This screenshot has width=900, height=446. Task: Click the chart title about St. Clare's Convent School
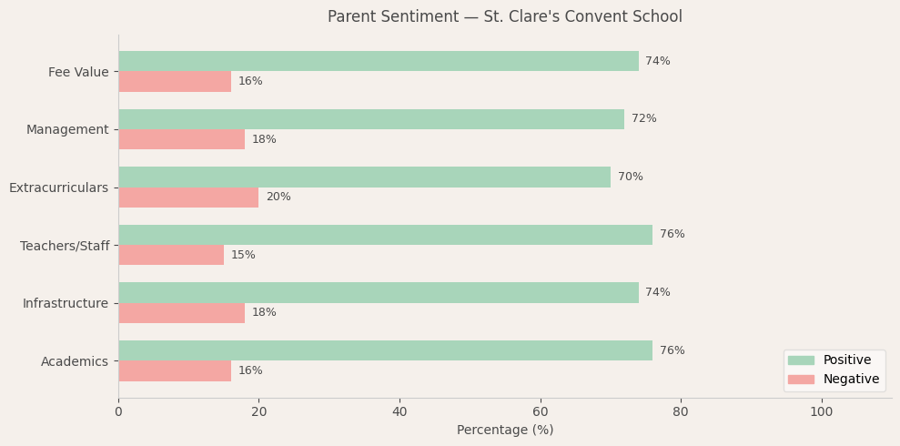504,17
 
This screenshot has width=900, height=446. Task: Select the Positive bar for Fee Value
378,61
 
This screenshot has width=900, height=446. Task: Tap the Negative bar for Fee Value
175,82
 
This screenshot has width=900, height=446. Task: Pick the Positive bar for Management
370,119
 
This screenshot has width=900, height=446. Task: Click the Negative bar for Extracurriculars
188,198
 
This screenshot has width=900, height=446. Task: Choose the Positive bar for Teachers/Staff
385,235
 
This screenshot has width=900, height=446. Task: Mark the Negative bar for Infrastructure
181,313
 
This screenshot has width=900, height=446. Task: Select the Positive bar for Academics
385,350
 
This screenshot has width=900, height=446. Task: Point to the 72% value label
643,119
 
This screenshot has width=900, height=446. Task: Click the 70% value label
630,177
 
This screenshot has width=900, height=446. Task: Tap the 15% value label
243,256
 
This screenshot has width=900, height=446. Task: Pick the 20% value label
278,198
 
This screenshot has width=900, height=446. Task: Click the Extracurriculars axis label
58,188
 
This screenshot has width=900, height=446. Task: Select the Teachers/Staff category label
65,246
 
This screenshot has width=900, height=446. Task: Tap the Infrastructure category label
66,303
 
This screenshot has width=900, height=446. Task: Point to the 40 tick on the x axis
399,412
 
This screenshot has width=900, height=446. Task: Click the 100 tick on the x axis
821,412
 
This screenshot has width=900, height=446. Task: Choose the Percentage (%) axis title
504,431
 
